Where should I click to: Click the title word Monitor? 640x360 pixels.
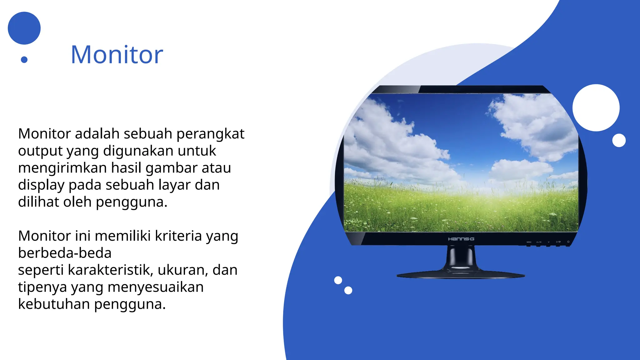tap(117, 55)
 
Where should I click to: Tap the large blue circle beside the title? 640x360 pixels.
tap(24, 28)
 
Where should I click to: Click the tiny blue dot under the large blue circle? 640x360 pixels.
tap(24, 59)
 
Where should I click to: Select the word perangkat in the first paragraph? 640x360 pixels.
tap(210, 134)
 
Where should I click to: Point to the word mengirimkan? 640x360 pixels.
tap(62, 168)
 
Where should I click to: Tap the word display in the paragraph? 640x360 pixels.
tap(41, 185)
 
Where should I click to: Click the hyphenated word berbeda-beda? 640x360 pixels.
tap(65, 253)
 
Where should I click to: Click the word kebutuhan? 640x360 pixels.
tap(54, 304)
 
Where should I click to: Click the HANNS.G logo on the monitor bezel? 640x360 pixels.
tap(461, 239)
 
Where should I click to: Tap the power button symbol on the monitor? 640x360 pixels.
tap(568, 242)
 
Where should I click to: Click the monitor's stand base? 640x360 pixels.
tap(461, 275)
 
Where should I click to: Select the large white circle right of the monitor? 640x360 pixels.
tap(596, 108)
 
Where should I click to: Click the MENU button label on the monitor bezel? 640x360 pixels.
tap(529, 242)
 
